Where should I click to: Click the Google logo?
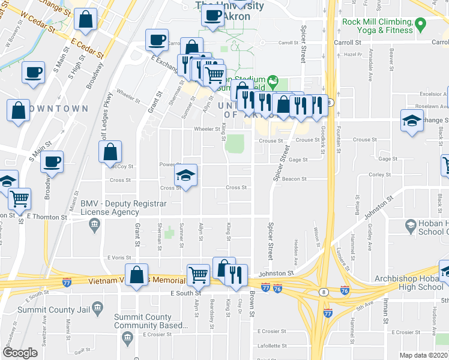[20, 353]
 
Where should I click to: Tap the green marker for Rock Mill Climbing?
[420, 25]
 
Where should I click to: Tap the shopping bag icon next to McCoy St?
[110, 152]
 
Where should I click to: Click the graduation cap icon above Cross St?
[186, 175]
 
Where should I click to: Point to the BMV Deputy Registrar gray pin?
[94, 226]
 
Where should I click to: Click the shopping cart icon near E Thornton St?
[20, 197]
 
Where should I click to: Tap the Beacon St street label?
[294, 179]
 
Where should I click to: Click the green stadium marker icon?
[273, 80]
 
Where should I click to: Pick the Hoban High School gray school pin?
[411, 226]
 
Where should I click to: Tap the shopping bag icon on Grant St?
[137, 275]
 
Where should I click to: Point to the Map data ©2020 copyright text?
[424, 355]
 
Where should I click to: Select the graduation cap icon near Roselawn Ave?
[412, 121]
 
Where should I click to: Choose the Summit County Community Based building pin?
[127, 339]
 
